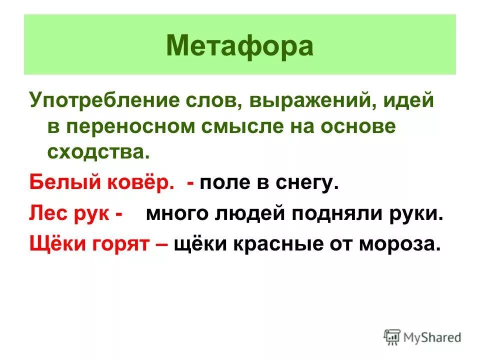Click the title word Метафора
tap(239, 46)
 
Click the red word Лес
tap(46, 214)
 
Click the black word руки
tap(420, 214)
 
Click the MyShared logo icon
tap(392, 336)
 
